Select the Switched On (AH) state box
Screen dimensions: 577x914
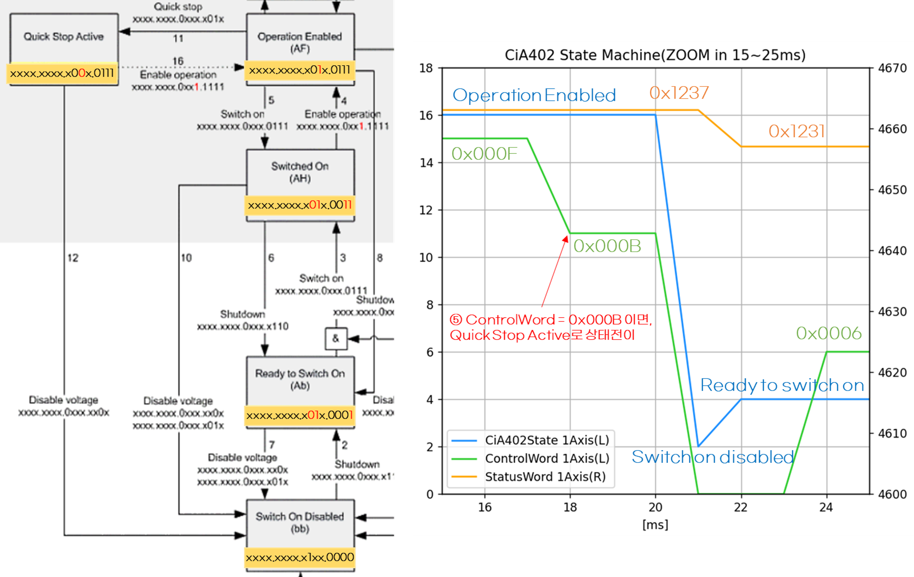tap(300, 172)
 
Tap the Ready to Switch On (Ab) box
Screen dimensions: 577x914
tap(300, 379)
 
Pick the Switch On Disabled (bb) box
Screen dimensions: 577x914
tap(300, 523)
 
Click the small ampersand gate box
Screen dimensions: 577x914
tap(336, 339)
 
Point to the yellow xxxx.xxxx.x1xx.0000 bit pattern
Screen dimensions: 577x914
tap(300, 558)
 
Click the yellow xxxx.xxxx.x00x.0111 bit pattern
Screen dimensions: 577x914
tap(62, 74)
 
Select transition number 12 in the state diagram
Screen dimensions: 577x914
tap(73, 257)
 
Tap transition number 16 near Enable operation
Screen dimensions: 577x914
tap(178, 61)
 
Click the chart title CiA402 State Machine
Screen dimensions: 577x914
tap(655, 55)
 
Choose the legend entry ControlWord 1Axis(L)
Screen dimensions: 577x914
tap(547, 458)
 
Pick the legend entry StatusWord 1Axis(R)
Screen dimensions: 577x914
tap(545, 477)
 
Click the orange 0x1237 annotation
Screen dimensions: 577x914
tap(679, 93)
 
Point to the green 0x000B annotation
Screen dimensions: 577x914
tap(607, 246)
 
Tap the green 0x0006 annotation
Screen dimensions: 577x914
tap(829, 333)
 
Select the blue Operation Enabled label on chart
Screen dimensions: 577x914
tap(534, 96)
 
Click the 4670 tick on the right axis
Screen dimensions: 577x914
tap(893, 68)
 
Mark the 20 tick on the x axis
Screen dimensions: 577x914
tap(655, 507)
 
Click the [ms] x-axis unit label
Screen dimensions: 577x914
tap(655, 525)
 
